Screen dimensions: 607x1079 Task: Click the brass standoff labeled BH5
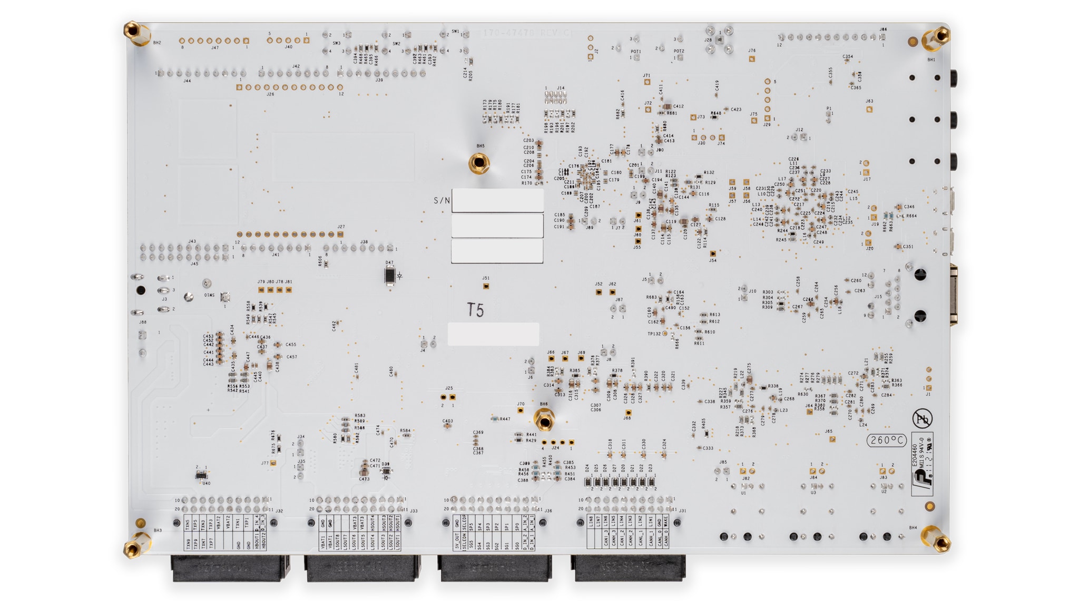(x=479, y=163)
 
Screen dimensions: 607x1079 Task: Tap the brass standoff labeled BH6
(x=544, y=421)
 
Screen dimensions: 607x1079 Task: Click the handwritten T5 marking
(x=475, y=310)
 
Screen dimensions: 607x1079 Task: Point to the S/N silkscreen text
(x=442, y=200)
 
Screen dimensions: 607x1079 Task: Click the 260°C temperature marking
(x=887, y=440)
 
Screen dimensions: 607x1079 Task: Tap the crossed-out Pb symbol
(x=922, y=419)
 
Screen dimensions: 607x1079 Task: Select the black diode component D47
(x=390, y=276)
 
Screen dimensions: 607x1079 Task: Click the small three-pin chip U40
(x=201, y=475)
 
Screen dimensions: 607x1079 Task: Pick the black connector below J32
(x=230, y=568)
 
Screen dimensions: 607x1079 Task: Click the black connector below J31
(x=629, y=568)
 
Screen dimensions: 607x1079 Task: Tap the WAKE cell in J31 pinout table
(x=666, y=521)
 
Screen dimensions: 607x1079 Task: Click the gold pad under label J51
(x=486, y=287)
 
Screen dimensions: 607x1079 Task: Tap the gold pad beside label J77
(x=273, y=463)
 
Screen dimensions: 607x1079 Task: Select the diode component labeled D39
(x=386, y=470)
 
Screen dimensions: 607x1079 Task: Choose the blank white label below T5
(x=493, y=334)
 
